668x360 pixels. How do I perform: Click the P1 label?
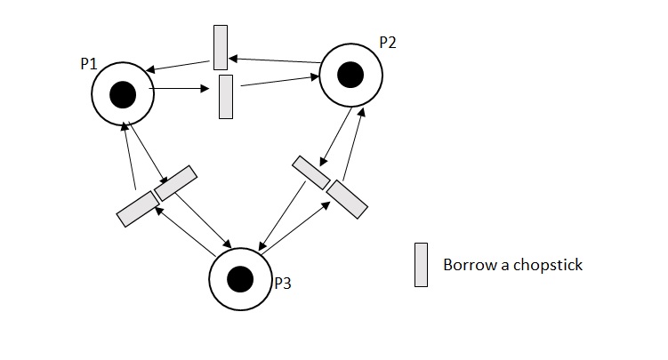(89, 66)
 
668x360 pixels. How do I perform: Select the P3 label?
(282, 284)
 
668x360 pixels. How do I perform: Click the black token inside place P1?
(122, 93)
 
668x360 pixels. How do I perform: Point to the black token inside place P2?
(350, 75)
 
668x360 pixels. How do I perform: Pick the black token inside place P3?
(239, 279)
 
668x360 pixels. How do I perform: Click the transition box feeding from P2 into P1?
(221, 47)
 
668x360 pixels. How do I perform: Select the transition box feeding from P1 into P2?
(226, 96)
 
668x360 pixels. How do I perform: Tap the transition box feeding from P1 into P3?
(175, 182)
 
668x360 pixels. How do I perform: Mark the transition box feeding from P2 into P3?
(311, 172)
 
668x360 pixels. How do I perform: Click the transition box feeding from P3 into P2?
(347, 198)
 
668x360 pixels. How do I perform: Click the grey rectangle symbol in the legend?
(421, 265)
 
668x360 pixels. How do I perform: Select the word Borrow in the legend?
(466, 265)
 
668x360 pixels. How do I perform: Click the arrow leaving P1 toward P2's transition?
(182, 89)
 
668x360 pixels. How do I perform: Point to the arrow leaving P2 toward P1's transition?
(276, 60)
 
